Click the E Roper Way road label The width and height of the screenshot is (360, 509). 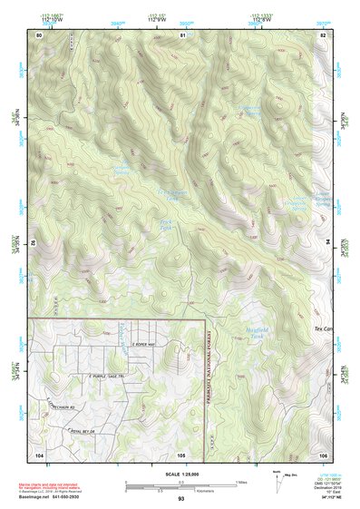click(144, 345)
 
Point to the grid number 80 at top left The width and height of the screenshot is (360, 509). click(39, 34)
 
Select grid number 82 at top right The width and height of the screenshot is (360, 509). click(322, 34)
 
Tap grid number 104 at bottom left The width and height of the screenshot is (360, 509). click(39, 454)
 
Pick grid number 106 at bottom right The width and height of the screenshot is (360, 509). click(322, 454)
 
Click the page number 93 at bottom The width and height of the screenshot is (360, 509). click(180, 499)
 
